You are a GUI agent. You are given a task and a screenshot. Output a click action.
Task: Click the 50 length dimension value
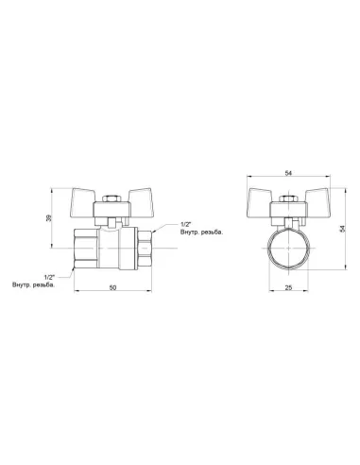click(x=112, y=287)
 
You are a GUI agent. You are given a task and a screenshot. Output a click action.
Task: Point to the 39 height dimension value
click(x=48, y=218)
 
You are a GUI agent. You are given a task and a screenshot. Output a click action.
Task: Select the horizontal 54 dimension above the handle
click(x=288, y=173)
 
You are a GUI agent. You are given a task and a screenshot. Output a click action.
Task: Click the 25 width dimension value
click(x=288, y=287)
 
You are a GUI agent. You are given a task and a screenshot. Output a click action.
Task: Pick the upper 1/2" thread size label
click(x=186, y=225)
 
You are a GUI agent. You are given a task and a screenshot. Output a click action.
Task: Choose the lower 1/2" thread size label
click(x=49, y=278)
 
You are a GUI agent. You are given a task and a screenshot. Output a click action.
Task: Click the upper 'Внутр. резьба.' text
click(x=201, y=232)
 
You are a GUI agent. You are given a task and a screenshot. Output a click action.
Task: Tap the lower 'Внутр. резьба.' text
click(x=33, y=284)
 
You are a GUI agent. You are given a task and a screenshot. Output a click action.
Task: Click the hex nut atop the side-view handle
click(x=111, y=199)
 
